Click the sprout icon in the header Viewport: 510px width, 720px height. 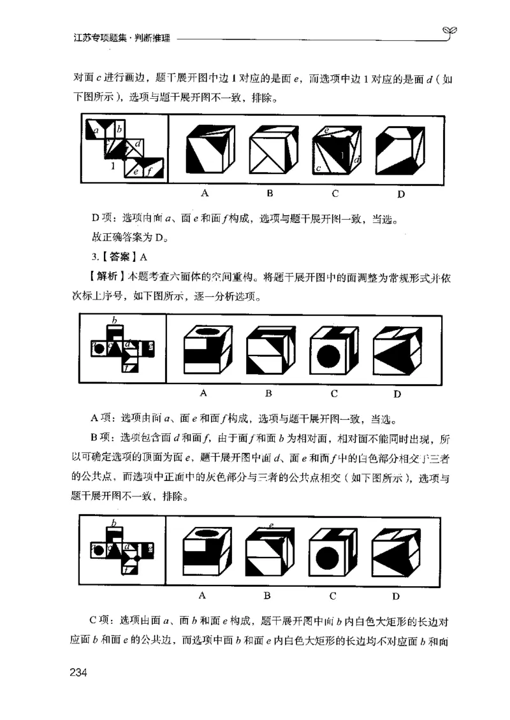pyautogui.click(x=450, y=33)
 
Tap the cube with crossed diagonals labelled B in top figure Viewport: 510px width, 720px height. pyautogui.click(x=272, y=149)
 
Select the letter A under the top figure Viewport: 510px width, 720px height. pyautogui.click(x=205, y=192)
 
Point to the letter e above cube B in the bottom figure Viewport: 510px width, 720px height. pyautogui.click(x=271, y=525)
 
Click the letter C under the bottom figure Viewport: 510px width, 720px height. pyautogui.click(x=333, y=596)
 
